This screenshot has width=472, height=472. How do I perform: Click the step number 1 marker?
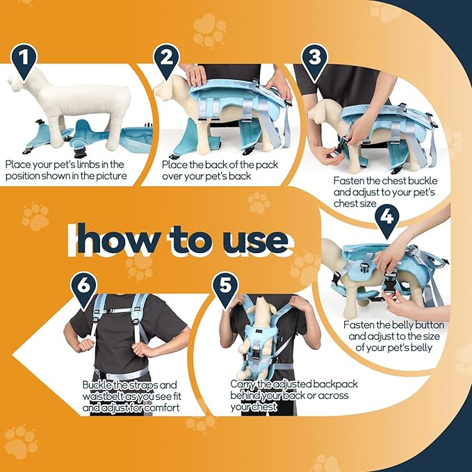[24, 61]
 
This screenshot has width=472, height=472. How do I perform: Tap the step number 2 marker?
[166, 61]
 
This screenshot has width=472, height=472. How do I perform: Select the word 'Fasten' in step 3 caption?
[349, 181]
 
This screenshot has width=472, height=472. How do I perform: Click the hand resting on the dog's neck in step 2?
[195, 75]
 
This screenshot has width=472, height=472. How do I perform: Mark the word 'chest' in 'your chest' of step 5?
[264, 407]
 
